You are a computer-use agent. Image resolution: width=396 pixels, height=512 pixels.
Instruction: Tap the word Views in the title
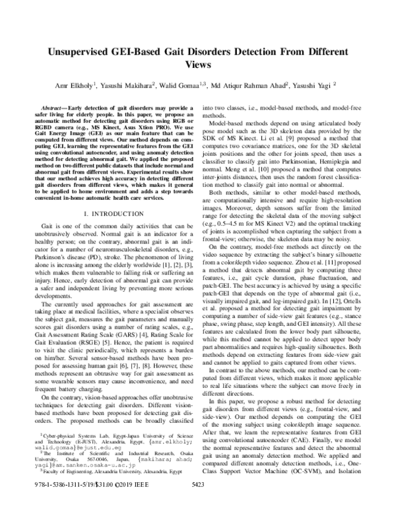198,65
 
